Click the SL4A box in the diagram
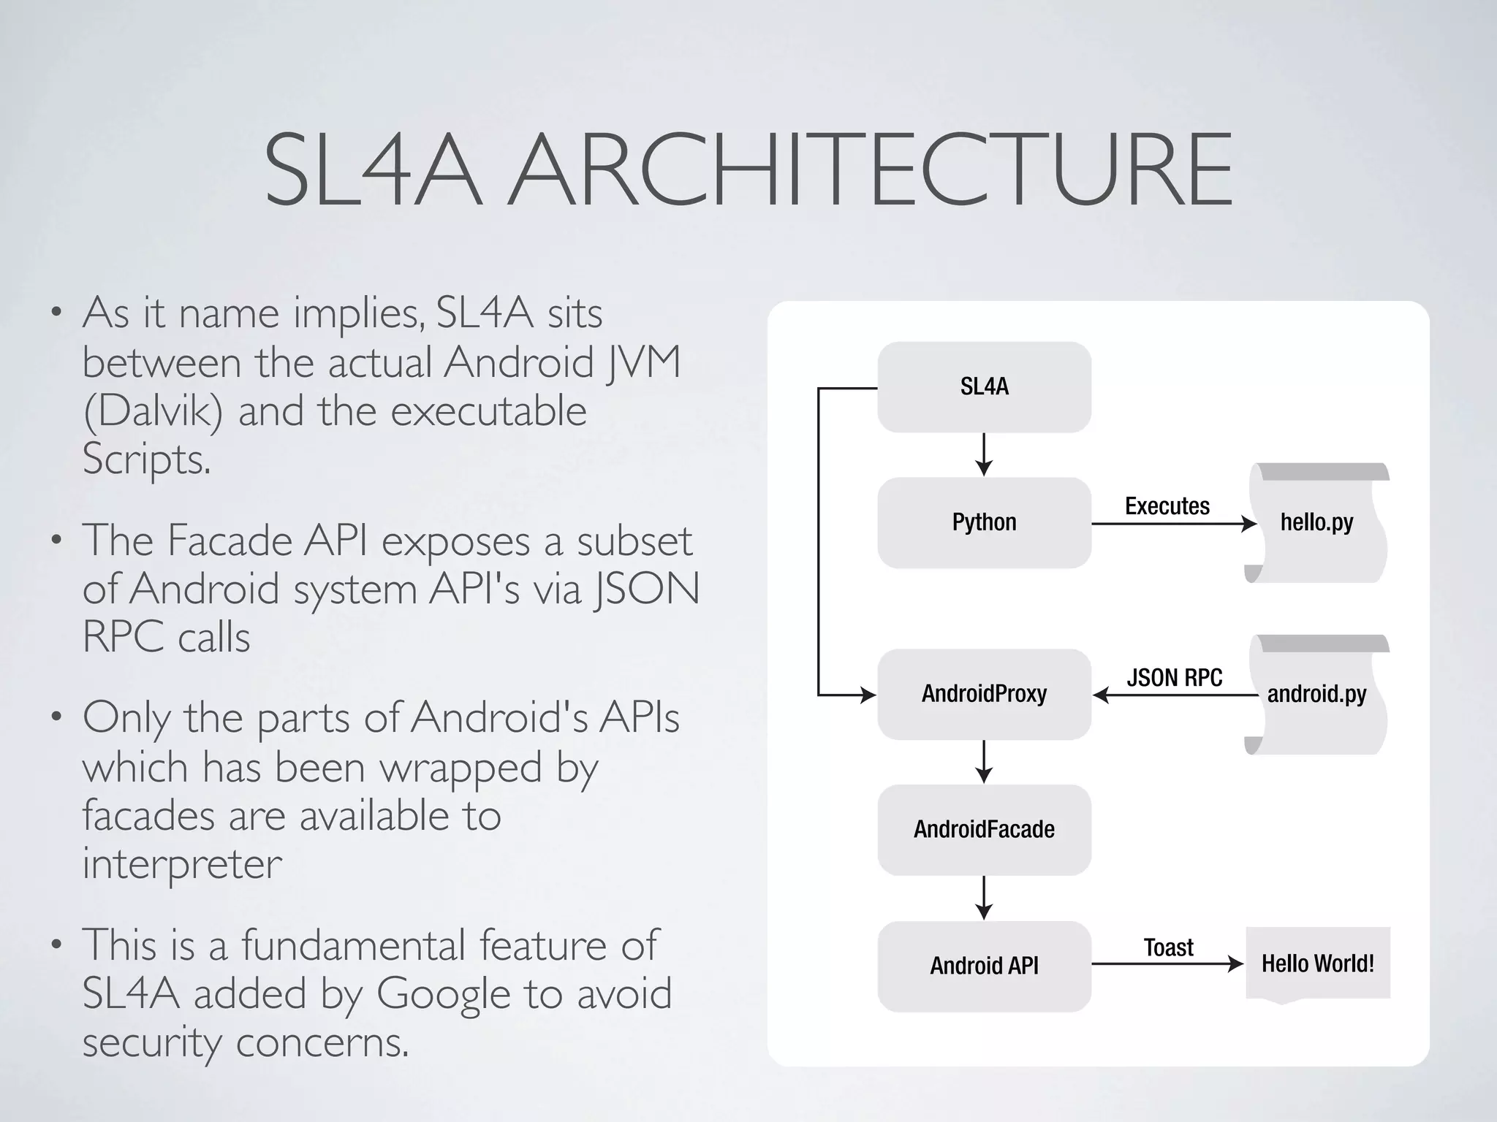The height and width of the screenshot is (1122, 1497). (984, 387)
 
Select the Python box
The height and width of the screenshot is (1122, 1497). (984, 523)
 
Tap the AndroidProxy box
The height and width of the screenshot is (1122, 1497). (984, 694)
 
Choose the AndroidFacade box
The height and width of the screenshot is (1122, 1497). (984, 830)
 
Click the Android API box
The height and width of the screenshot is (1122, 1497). (984, 966)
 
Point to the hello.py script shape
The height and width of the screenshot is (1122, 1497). (1316, 523)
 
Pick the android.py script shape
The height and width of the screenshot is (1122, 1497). (1316, 694)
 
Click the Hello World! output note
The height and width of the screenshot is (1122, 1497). (1317, 963)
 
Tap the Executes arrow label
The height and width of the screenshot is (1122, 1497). (1167, 506)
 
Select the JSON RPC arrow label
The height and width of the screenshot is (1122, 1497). (1174, 678)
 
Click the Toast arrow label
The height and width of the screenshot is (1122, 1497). (1168, 948)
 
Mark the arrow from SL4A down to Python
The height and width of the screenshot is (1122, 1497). (984, 455)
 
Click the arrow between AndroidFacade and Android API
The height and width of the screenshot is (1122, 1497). (984, 898)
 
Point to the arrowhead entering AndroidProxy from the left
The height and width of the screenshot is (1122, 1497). (868, 695)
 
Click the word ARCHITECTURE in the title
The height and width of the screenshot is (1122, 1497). (870, 169)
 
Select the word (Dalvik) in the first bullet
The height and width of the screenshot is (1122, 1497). (153, 411)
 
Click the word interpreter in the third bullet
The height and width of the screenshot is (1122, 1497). (182, 864)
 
